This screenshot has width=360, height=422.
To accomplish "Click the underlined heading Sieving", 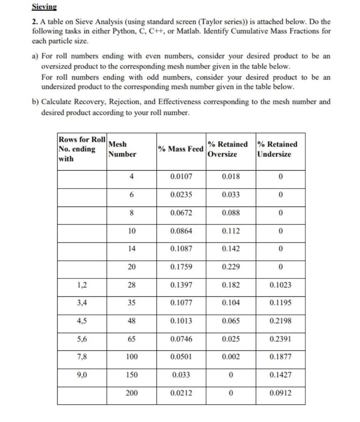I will (x=45, y=7).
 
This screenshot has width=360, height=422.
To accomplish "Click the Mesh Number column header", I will (x=122, y=149).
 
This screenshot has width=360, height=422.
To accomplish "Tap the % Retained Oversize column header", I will (x=228, y=149).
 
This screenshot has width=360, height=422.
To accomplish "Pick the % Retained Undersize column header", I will (x=277, y=149).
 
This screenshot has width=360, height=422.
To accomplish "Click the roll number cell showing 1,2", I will (x=82, y=285).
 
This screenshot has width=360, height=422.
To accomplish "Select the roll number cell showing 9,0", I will (x=82, y=375).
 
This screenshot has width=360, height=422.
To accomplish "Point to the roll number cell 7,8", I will (x=82, y=356).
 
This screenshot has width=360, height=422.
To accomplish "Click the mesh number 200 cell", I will (x=132, y=393).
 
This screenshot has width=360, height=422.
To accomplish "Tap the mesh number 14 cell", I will (x=132, y=249).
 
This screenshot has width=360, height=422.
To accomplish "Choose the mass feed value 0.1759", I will (x=181, y=267).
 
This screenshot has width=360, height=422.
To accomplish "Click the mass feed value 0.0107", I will (x=181, y=177).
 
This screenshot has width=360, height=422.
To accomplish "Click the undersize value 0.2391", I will (x=280, y=339).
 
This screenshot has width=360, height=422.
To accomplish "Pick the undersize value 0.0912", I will (x=280, y=393).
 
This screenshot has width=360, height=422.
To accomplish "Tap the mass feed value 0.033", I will (x=181, y=375).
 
